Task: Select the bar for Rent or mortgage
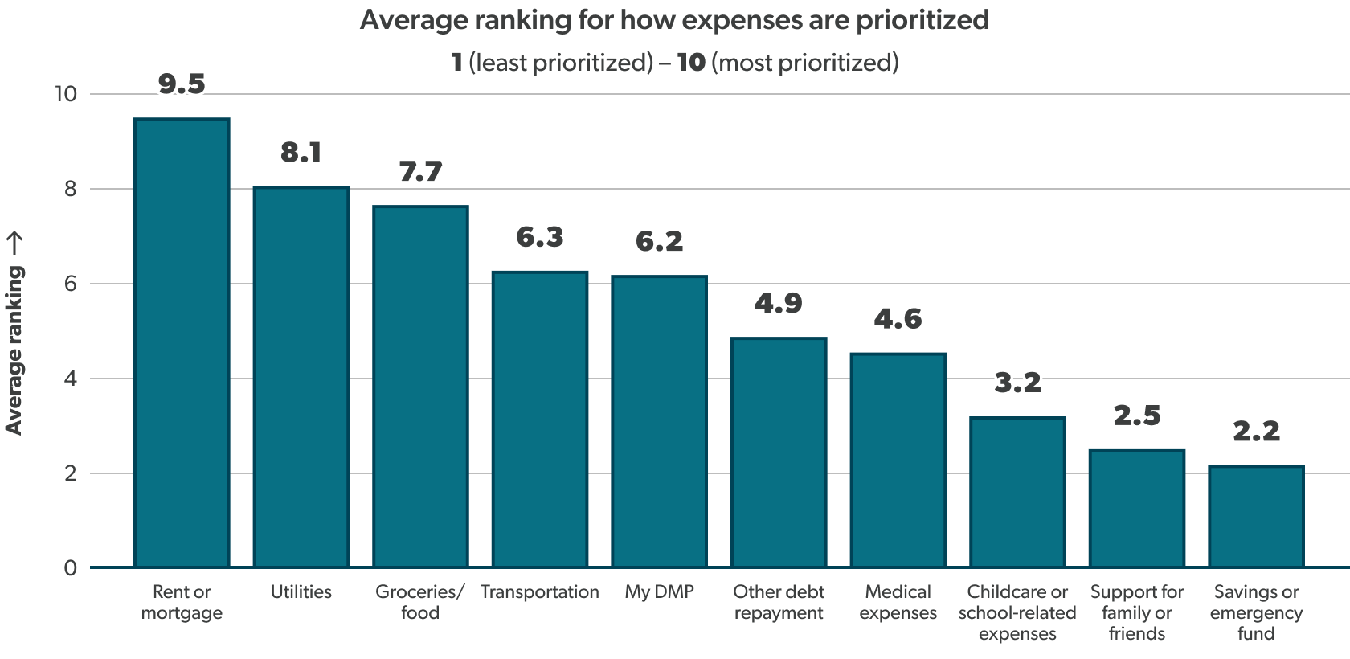182,343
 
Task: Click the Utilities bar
301,377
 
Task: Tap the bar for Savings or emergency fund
1256,517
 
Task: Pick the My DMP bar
659,422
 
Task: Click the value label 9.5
182,84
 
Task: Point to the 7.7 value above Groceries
420,171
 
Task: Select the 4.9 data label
778,303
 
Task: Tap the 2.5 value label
1137,415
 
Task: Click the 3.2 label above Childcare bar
1017,383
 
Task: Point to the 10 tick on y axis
65,94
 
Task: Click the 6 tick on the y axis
71,284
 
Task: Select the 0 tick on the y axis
71,568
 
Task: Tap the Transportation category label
539,592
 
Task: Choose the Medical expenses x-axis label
898,603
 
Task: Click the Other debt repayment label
778,603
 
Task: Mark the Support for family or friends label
1137,612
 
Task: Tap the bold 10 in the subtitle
690,63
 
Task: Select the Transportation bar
539,420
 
